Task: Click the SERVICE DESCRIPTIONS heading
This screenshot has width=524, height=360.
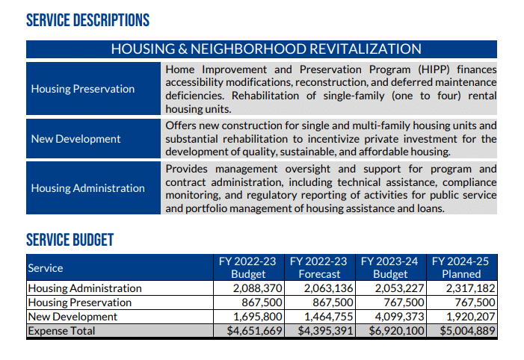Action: click(x=87, y=20)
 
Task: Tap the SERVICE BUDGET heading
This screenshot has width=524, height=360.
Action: click(x=70, y=240)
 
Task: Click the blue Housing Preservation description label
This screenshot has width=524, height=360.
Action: click(x=83, y=89)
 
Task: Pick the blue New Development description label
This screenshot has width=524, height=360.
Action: click(x=75, y=139)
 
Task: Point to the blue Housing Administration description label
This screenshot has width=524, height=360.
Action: click(x=88, y=188)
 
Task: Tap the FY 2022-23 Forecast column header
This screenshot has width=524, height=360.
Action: click(x=319, y=267)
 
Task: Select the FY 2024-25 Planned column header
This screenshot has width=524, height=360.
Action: click(x=462, y=267)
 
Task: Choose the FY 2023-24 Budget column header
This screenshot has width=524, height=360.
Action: click(x=390, y=267)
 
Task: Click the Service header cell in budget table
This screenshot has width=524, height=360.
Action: click(x=46, y=267)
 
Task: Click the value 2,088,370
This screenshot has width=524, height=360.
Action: click(x=257, y=288)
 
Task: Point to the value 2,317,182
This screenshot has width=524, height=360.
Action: click(x=470, y=288)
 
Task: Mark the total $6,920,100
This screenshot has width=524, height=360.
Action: click(x=396, y=331)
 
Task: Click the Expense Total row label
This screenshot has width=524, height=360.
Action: click(x=61, y=331)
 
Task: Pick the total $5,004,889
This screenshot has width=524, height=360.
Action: click(x=467, y=331)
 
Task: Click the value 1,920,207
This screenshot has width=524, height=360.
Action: click(x=470, y=317)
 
